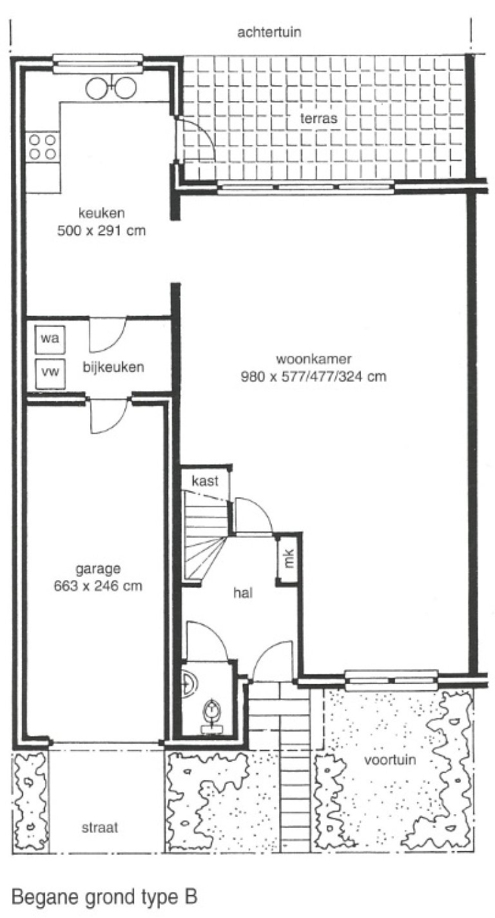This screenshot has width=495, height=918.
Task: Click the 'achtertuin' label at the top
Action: [269, 32]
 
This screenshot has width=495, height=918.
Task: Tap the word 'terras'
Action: [319, 119]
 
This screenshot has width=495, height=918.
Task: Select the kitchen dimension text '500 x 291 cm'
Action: [101, 230]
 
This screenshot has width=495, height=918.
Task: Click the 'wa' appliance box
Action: [49, 338]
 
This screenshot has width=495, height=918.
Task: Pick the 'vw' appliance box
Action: [49, 372]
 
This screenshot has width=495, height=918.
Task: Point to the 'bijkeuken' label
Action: [113, 367]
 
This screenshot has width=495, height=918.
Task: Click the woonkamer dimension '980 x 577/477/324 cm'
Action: [313, 376]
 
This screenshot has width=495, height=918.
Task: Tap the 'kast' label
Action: [206, 480]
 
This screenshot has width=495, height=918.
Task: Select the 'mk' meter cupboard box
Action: [289, 558]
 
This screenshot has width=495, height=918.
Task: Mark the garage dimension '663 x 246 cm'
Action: [99, 586]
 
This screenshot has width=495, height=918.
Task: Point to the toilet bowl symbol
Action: [212, 712]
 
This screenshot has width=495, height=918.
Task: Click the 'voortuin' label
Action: [390, 759]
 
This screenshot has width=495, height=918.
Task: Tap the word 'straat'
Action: [101, 828]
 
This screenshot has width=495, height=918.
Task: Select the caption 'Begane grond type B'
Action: [104, 897]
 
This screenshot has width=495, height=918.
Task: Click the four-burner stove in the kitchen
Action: [43, 146]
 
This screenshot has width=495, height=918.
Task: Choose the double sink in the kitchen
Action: [111, 87]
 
